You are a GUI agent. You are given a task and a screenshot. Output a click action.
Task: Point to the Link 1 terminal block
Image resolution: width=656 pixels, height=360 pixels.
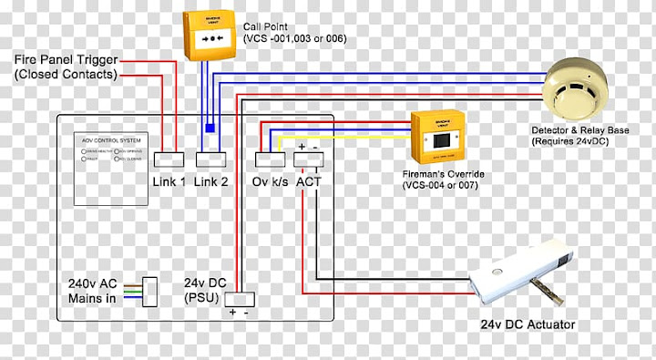169,159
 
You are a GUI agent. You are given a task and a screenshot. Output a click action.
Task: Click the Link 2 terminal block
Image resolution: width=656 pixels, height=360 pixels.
210,159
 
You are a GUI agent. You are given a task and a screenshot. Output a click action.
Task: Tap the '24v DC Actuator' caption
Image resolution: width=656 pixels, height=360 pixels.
528,324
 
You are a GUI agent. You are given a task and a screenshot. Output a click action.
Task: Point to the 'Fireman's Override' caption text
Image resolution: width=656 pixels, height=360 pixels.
444,179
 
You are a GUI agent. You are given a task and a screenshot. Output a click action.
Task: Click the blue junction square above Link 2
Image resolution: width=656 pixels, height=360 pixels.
210,129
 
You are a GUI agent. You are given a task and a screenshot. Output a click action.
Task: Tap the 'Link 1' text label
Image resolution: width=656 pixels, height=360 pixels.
169,181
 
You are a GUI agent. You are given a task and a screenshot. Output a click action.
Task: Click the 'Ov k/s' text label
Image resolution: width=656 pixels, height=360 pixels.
270,181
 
